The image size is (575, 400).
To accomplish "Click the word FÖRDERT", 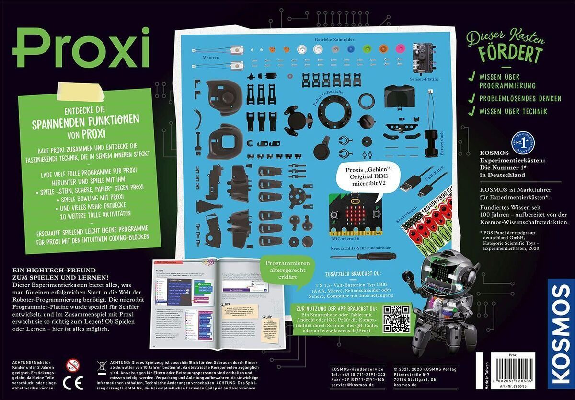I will [512, 53].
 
